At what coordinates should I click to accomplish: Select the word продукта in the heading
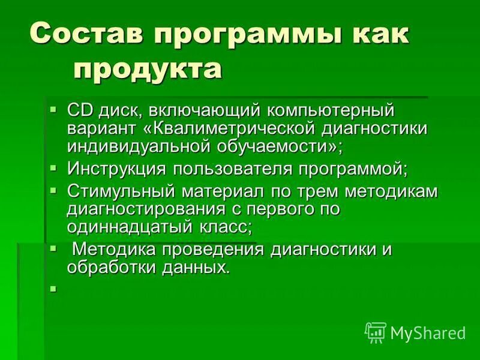[x=148, y=69]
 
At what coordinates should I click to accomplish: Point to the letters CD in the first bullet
[x=79, y=110]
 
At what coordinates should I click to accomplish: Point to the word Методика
[x=112, y=249]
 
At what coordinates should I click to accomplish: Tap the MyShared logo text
[x=428, y=332]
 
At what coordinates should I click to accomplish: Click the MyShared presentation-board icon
[x=375, y=331]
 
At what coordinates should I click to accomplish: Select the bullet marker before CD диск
[x=53, y=110]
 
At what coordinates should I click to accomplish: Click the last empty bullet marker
[x=53, y=289]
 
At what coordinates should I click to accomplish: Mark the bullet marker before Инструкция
[x=53, y=167]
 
